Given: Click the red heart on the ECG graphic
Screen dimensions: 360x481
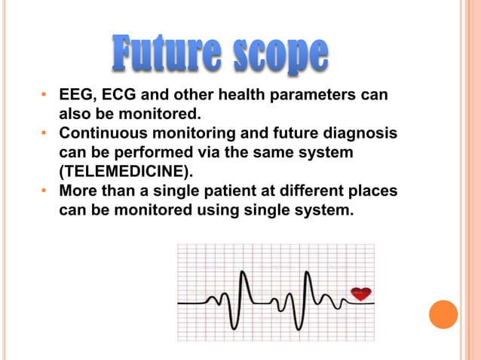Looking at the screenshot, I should pos(361,293).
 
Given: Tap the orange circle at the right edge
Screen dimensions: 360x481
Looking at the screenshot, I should pos(443,314).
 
